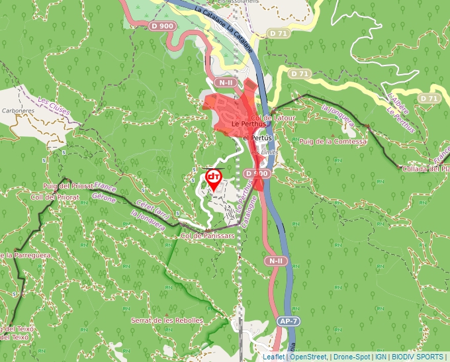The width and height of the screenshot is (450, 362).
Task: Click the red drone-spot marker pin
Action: (x=214, y=179)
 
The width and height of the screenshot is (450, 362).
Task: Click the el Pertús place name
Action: (x=257, y=138)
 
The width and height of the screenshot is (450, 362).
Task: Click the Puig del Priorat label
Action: (x=65, y=187)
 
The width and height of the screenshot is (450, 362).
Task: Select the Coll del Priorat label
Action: (x=55, y=197)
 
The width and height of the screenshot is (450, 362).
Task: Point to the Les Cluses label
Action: (x=52, y=104)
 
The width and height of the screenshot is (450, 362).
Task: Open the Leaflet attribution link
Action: (x=273, y=357)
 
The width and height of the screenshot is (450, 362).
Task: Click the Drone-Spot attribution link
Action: (x=351, y=357)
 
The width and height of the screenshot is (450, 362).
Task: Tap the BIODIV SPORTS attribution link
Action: (x=417, y=357)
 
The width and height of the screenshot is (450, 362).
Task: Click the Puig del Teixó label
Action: (x=16, y=329)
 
